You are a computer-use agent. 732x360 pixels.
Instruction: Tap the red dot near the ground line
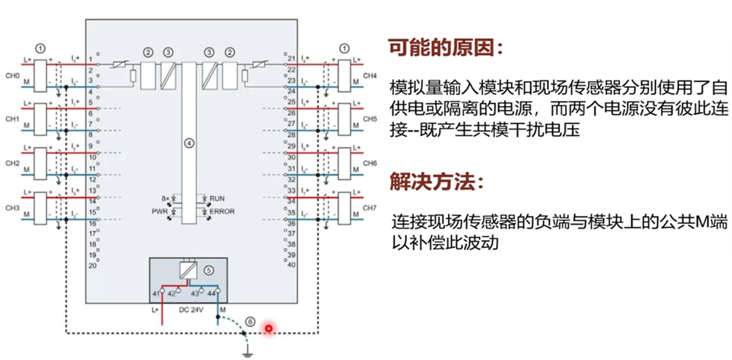(269, 328)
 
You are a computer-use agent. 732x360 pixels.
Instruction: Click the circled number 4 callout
(189, 143)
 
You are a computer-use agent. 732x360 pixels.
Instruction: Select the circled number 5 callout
(209, 269)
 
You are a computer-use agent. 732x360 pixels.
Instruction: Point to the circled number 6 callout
(250, 321)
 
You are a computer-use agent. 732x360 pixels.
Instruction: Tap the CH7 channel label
(370, 208)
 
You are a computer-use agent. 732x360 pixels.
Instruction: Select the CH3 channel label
(12, 208)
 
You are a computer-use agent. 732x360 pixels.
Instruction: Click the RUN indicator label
(217, 199)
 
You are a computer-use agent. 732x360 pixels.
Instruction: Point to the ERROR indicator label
(221, 211)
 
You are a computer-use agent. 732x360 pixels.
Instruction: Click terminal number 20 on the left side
(92, 266)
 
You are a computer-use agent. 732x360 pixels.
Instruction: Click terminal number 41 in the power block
(155, 293)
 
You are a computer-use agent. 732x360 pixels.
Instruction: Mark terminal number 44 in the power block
(211, 293)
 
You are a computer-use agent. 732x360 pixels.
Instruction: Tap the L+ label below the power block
(154, 310)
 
